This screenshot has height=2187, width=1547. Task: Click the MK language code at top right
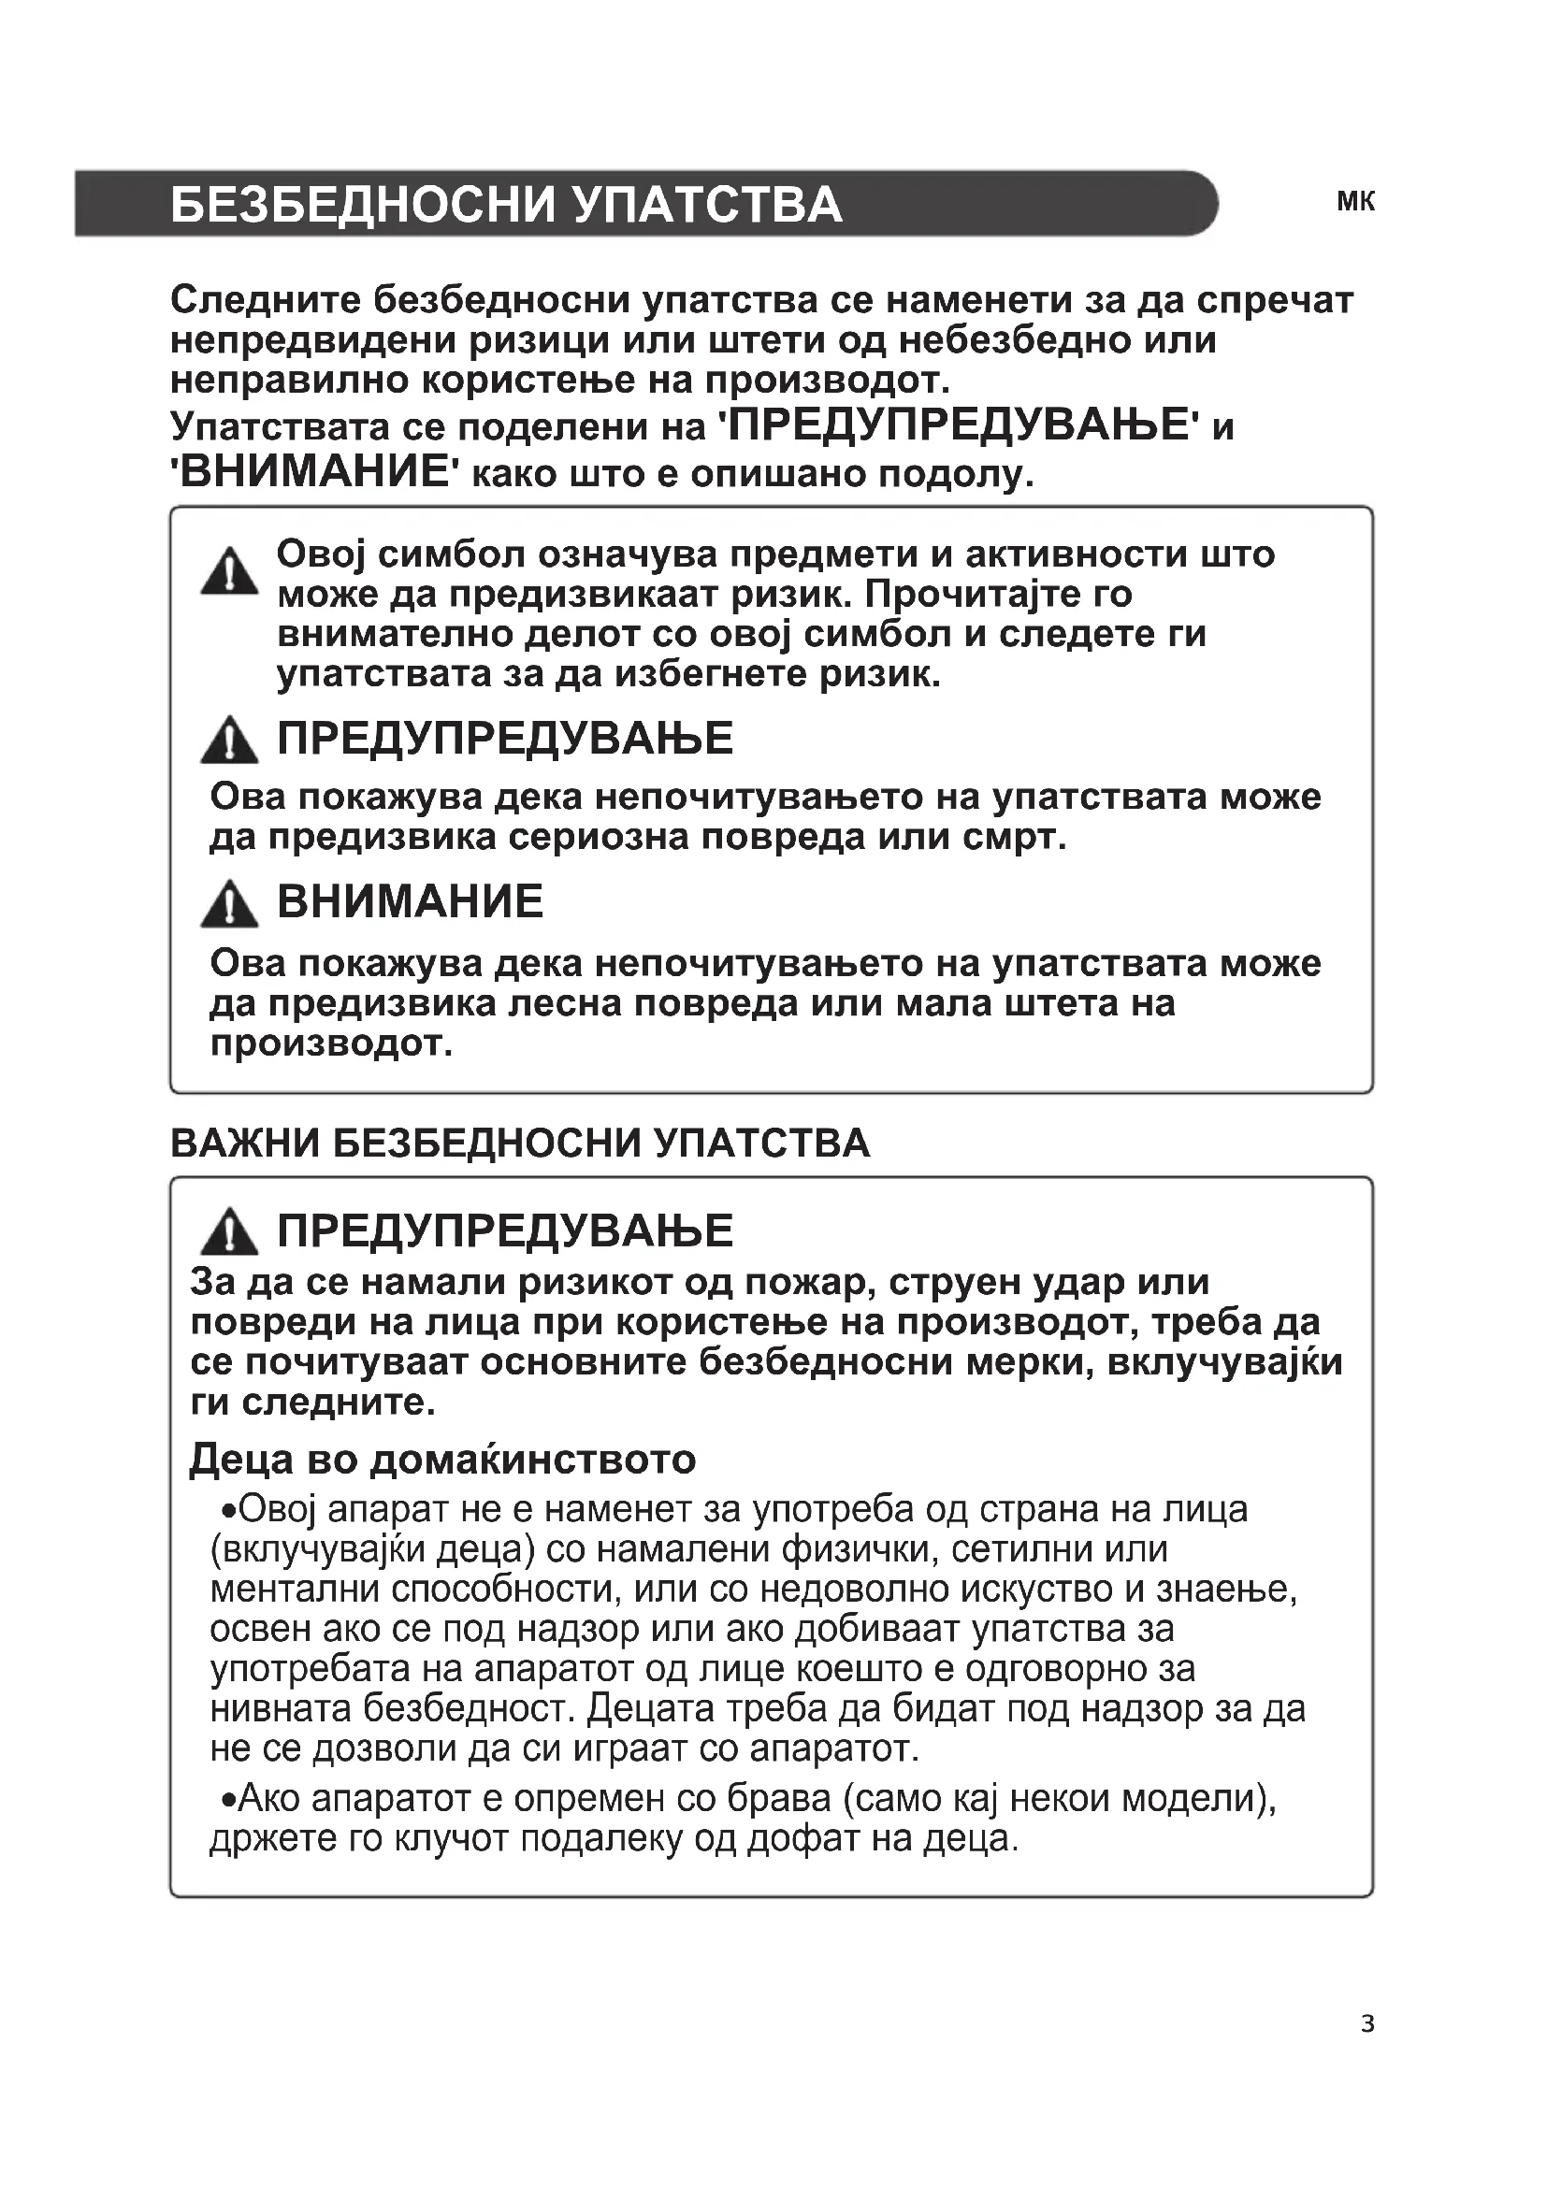[x=1355, y=202]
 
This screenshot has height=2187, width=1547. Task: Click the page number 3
[x=1368, y=2024]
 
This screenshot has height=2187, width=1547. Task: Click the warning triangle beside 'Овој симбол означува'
[x=229, y=571]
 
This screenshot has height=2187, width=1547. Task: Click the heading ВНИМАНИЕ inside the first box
[x=410, y=901]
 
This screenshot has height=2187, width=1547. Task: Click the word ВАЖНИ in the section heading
[x=245, y=1143]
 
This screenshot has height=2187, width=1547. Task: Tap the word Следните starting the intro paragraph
[x=266, y=301]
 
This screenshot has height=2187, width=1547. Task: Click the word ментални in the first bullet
[x=295, y=1590]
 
